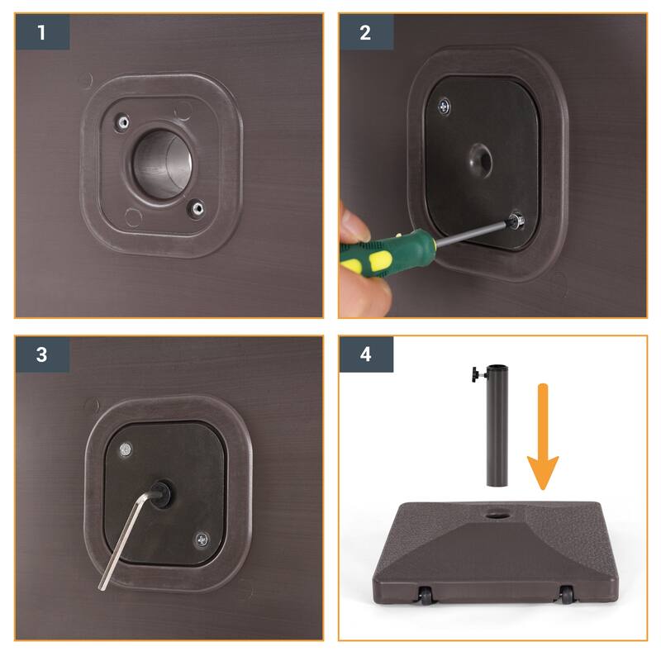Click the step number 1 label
click(41, 32)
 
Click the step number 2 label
click(365, 32)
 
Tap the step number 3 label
click(41, 355)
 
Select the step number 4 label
click(365, 355)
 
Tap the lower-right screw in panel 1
click(197, 208)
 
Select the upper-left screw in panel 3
click(126, 449)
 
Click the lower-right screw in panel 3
click(202, 540)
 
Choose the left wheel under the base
click(424, 596)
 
